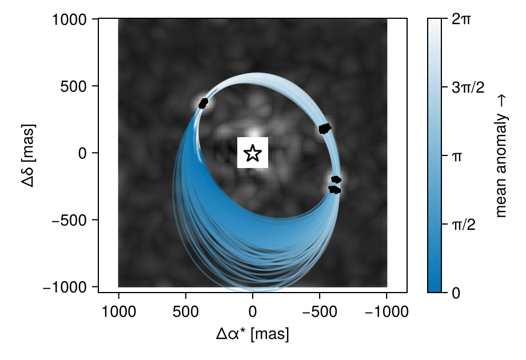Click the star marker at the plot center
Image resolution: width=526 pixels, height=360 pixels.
pyautogui.click(x=253, y=153)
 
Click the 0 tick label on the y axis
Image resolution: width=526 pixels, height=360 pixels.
pyautogui.click(x=89, y=153)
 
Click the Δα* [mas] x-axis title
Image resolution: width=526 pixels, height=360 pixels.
pyautogui.click(x=253, y=334)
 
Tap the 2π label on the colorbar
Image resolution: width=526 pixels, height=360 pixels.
pyautogui.click(x=461, y=19)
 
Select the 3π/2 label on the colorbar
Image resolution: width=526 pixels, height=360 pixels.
pyautogui.click(x=468, y=87)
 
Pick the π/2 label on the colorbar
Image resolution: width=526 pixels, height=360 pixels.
pyautogui.click(x=464, y=225)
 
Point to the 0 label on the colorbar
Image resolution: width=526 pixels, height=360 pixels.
pyautogui.click(x=456, y=293)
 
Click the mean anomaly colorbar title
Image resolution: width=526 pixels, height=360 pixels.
pyautogui.click(x=501, y=155)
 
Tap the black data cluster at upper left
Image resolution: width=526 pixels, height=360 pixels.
pyautogui.click(x=204, y=103)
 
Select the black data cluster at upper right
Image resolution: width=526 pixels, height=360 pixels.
pyautogui.click(x=325, y=129)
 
